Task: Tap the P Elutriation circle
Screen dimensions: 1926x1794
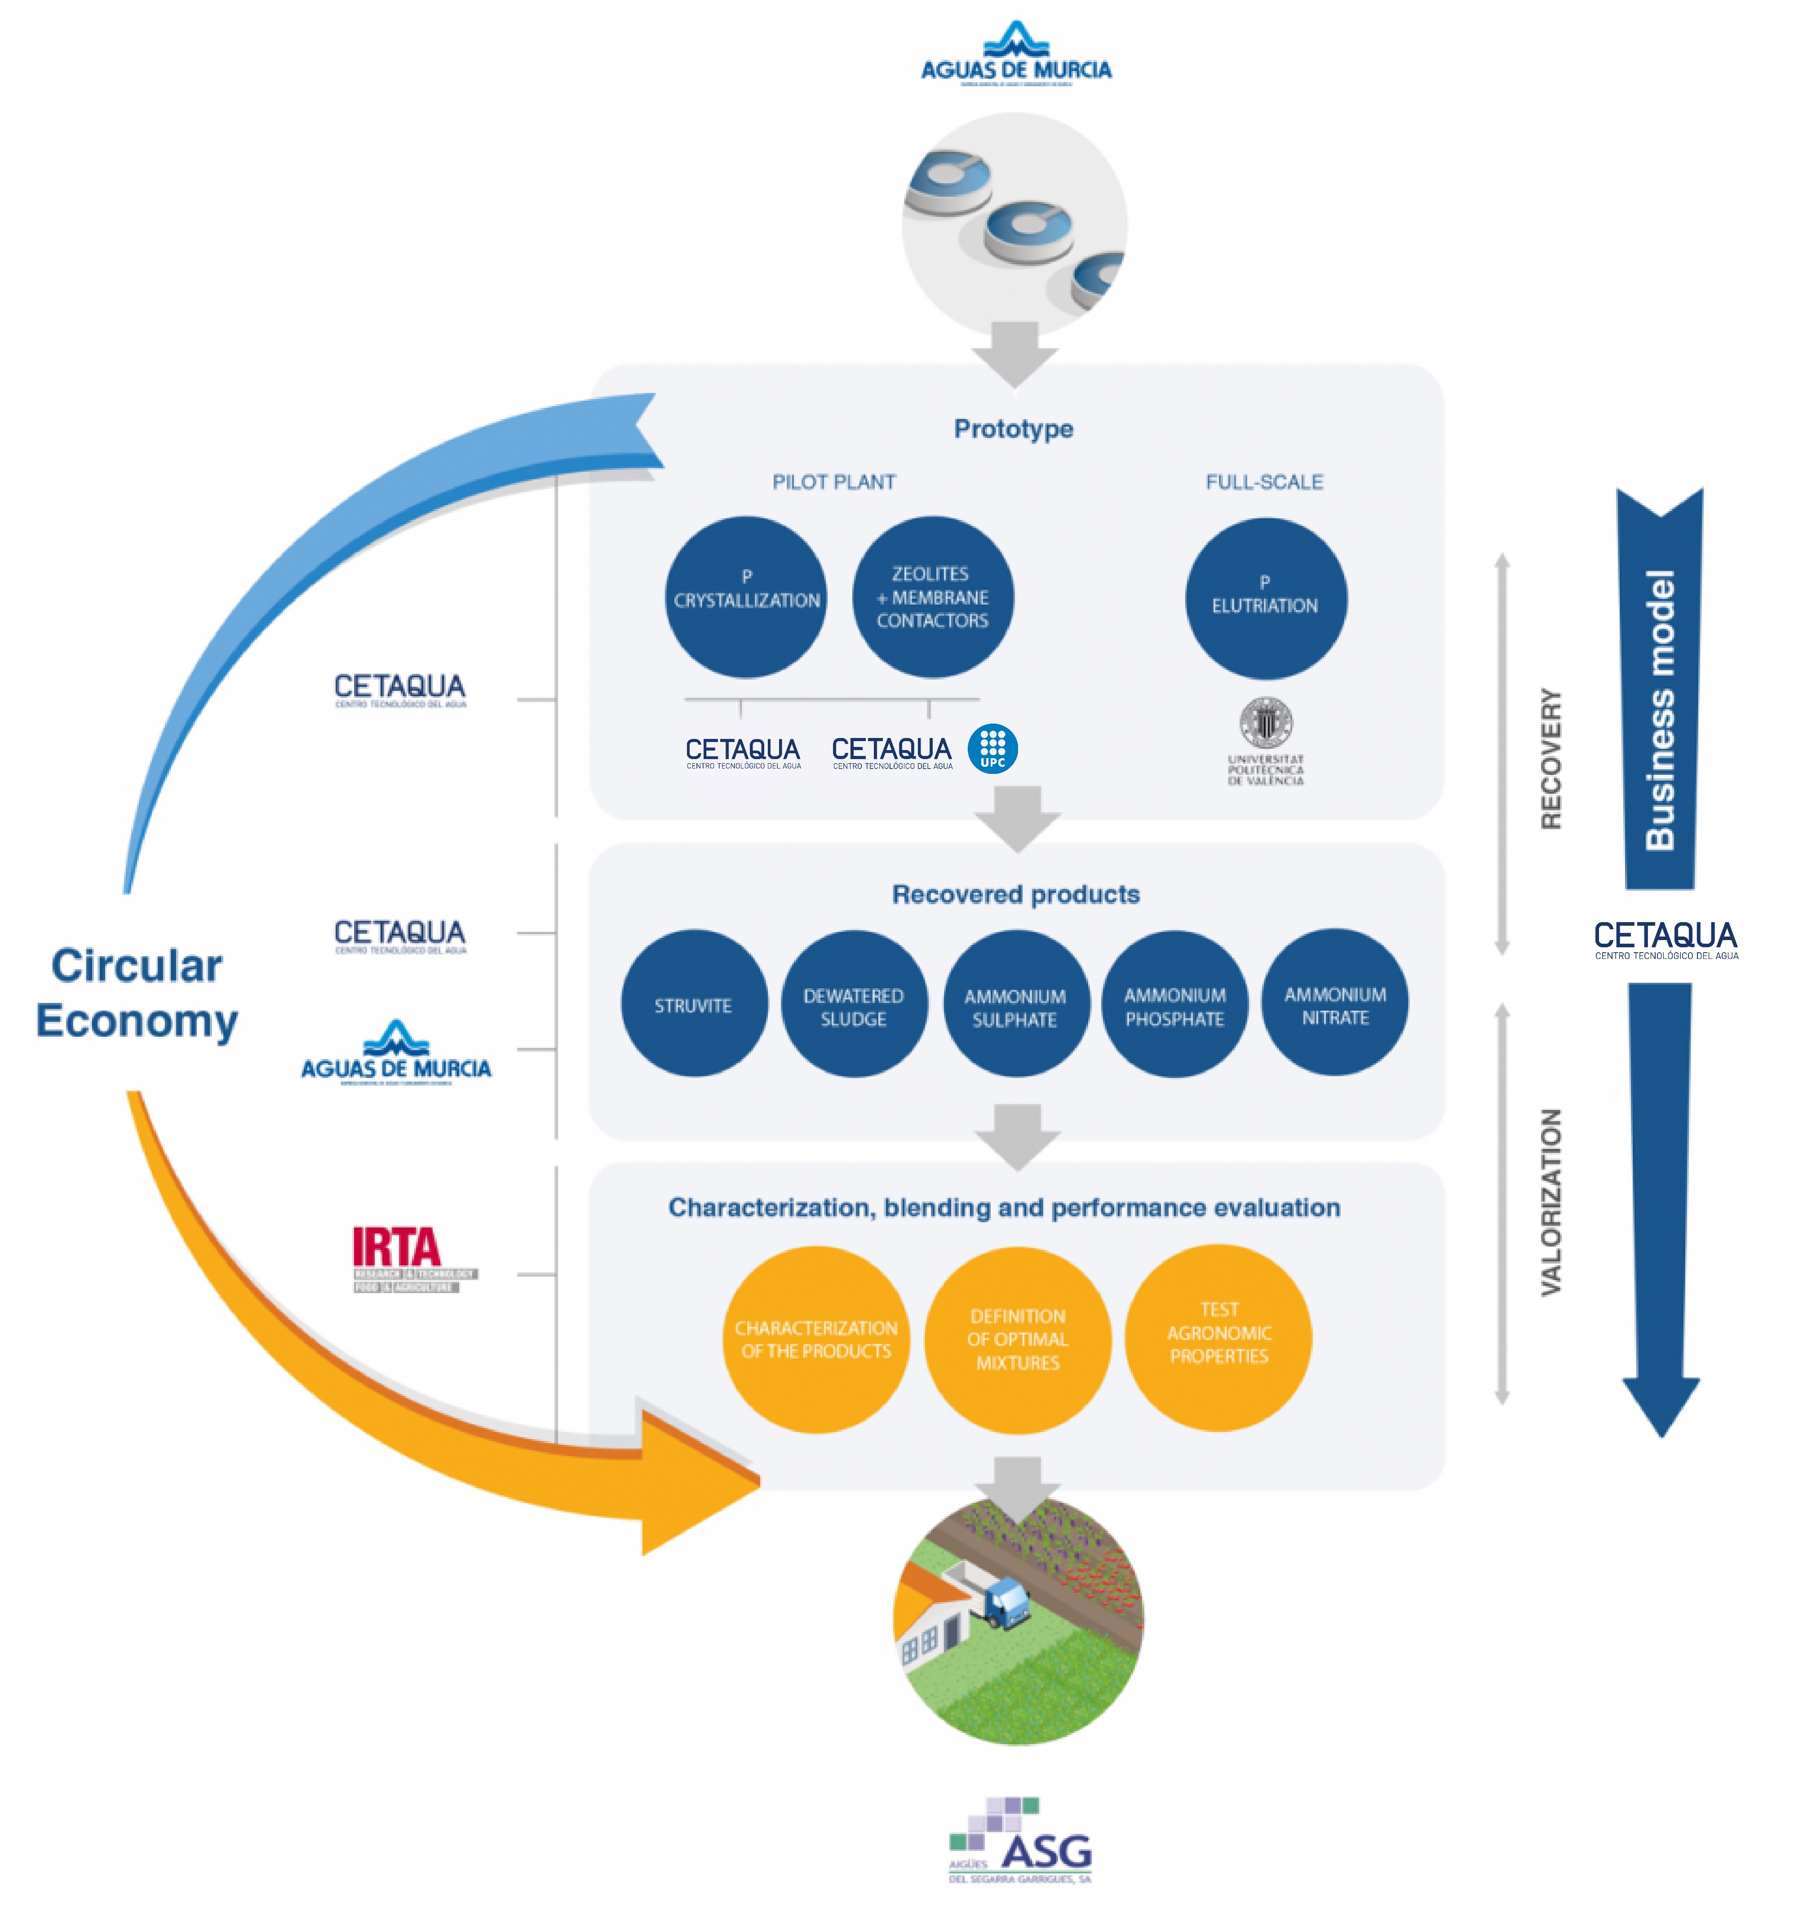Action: coord(1265,598)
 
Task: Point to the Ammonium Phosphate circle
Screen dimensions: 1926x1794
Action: coord(1175,1004)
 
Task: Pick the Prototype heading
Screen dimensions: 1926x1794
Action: coord(1013,428)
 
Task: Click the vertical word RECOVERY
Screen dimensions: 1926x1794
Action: coord(1551,759)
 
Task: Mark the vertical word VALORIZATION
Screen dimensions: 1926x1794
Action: coord(1551,1202)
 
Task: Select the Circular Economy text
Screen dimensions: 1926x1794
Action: coord(137,993)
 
